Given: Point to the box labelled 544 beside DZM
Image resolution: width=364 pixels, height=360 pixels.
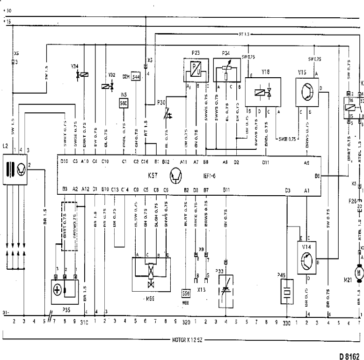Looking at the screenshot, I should pos(136,77).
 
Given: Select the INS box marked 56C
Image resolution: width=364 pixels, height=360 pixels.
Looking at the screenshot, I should pos(124,102).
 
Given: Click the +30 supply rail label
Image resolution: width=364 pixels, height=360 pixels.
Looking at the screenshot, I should pos(6,10).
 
